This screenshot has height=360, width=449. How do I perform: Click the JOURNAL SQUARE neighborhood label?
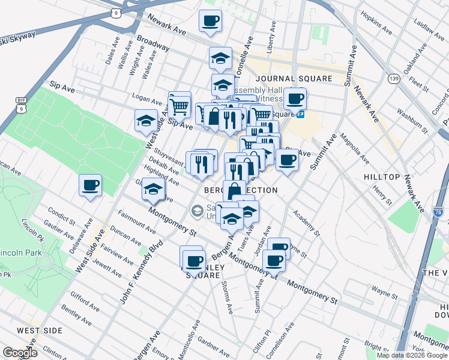[x=293, y=79]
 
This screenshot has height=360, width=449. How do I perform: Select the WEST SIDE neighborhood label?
[x=39, y=331]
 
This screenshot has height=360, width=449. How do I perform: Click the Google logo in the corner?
[x=20, y=352]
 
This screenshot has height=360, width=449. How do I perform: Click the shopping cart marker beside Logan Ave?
[x=179, y=106]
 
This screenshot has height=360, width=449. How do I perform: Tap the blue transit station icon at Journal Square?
[x=300, y=114]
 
